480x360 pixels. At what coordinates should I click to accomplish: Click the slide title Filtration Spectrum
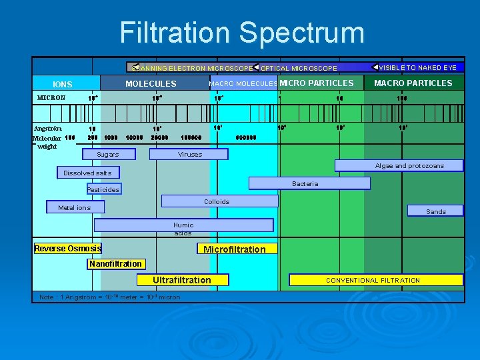(242, 32)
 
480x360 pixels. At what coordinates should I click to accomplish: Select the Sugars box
(108, 155)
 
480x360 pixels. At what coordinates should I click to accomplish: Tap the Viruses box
(189, 155)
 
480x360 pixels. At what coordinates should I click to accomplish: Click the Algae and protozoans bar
(399, 165)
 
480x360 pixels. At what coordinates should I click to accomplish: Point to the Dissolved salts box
(87, 173)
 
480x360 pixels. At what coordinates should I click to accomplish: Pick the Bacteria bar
(305, 183)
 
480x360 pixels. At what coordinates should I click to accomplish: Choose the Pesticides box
(103, 189)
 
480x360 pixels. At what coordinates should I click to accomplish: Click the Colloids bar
(217, 201)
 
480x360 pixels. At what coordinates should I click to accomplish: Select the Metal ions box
(74, 208)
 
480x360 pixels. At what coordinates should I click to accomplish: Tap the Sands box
(435, 211)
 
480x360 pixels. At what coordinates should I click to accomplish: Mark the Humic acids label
(183, 229)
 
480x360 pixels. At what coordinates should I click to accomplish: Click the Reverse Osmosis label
(68, 249)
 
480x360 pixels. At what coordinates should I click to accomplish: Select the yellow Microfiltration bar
(233, 249)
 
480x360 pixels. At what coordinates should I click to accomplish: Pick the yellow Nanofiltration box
(115, 263)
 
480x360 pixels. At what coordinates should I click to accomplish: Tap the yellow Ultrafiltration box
(182, 280)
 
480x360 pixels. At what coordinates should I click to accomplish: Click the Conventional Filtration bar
(375, 280)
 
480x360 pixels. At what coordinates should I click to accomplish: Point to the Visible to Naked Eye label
(417, 67)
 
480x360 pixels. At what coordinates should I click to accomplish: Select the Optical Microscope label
(298, 68)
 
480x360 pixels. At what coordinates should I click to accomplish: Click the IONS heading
(63, 85)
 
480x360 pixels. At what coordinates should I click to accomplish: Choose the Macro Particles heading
(413, 83)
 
